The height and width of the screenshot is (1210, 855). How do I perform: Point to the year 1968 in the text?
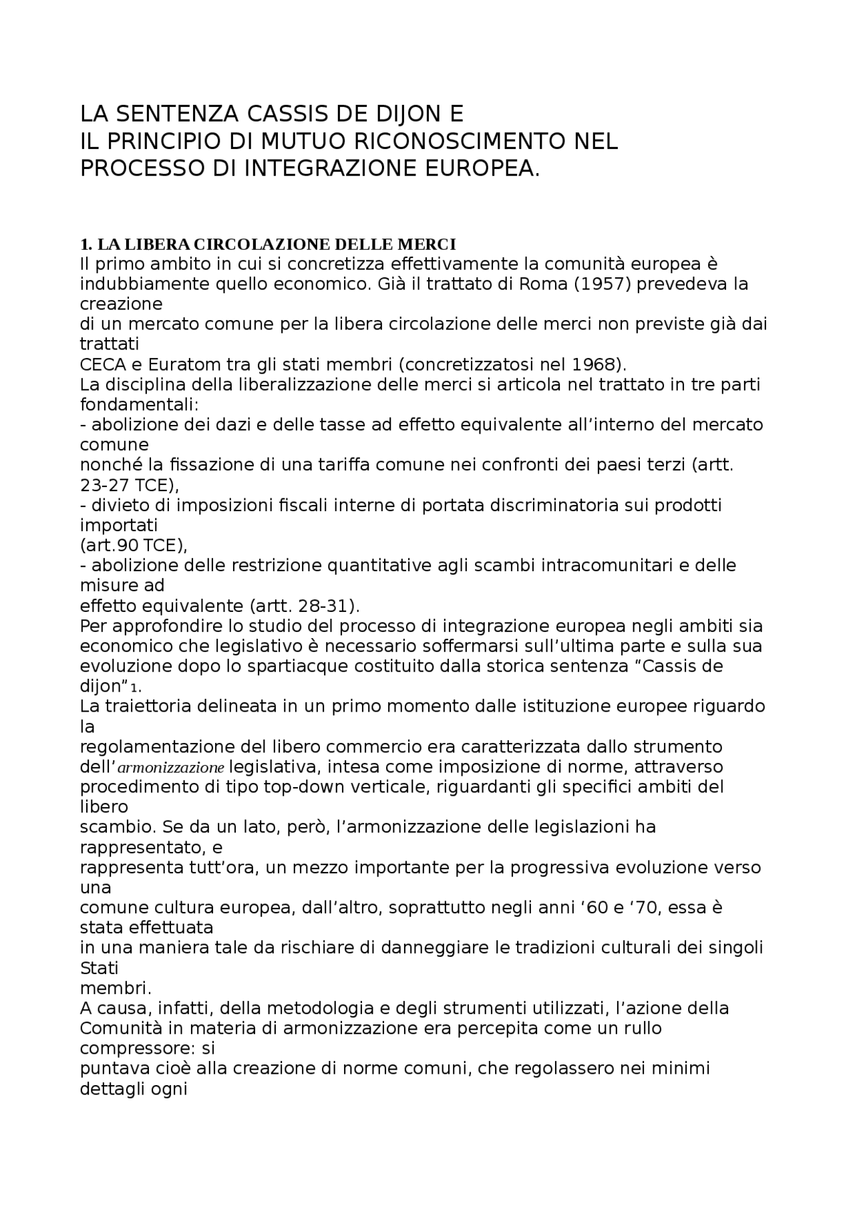click(594, 365)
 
